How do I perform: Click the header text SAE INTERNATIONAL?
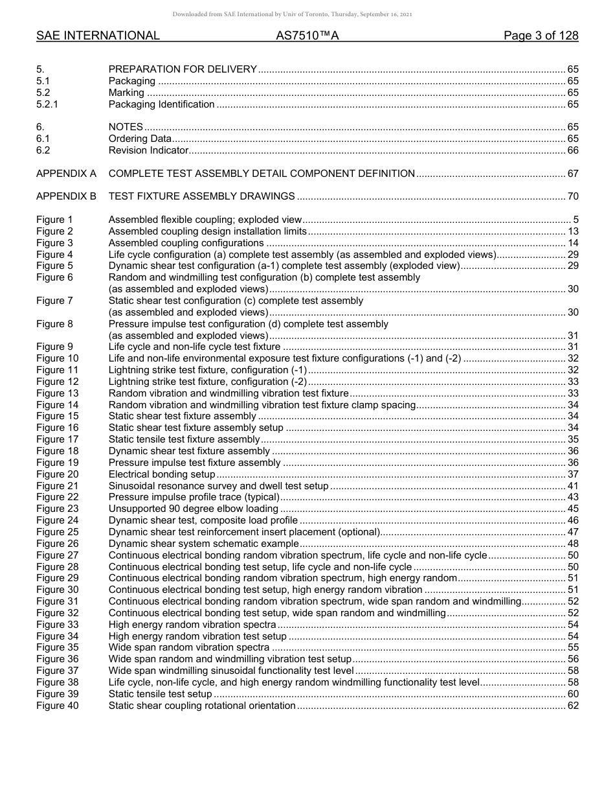click(98, 36)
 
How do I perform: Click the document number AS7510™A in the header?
click(307, 36)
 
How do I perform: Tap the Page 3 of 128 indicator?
click(541, 36)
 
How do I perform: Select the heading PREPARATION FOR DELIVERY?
click(183, 69)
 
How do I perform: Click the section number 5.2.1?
click(48, 104)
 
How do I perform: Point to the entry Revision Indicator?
click(148, 150)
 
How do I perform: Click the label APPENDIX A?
click(66, 174)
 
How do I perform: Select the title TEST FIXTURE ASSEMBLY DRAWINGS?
click(201, 196)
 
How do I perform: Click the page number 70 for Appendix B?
click(573, 196)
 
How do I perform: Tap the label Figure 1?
click(54, 220)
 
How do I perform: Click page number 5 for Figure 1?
click(576, 220)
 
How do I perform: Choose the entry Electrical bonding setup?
click(161, 474)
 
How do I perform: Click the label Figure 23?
click(57, 509)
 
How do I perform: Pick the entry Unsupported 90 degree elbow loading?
click(193, 509)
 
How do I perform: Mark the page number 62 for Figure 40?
click(573, 706)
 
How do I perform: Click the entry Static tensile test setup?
click(160, 694)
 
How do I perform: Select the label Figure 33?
click(57, 625)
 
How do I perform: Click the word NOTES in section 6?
click(126, 127)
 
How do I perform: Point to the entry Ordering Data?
click(140, 139)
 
